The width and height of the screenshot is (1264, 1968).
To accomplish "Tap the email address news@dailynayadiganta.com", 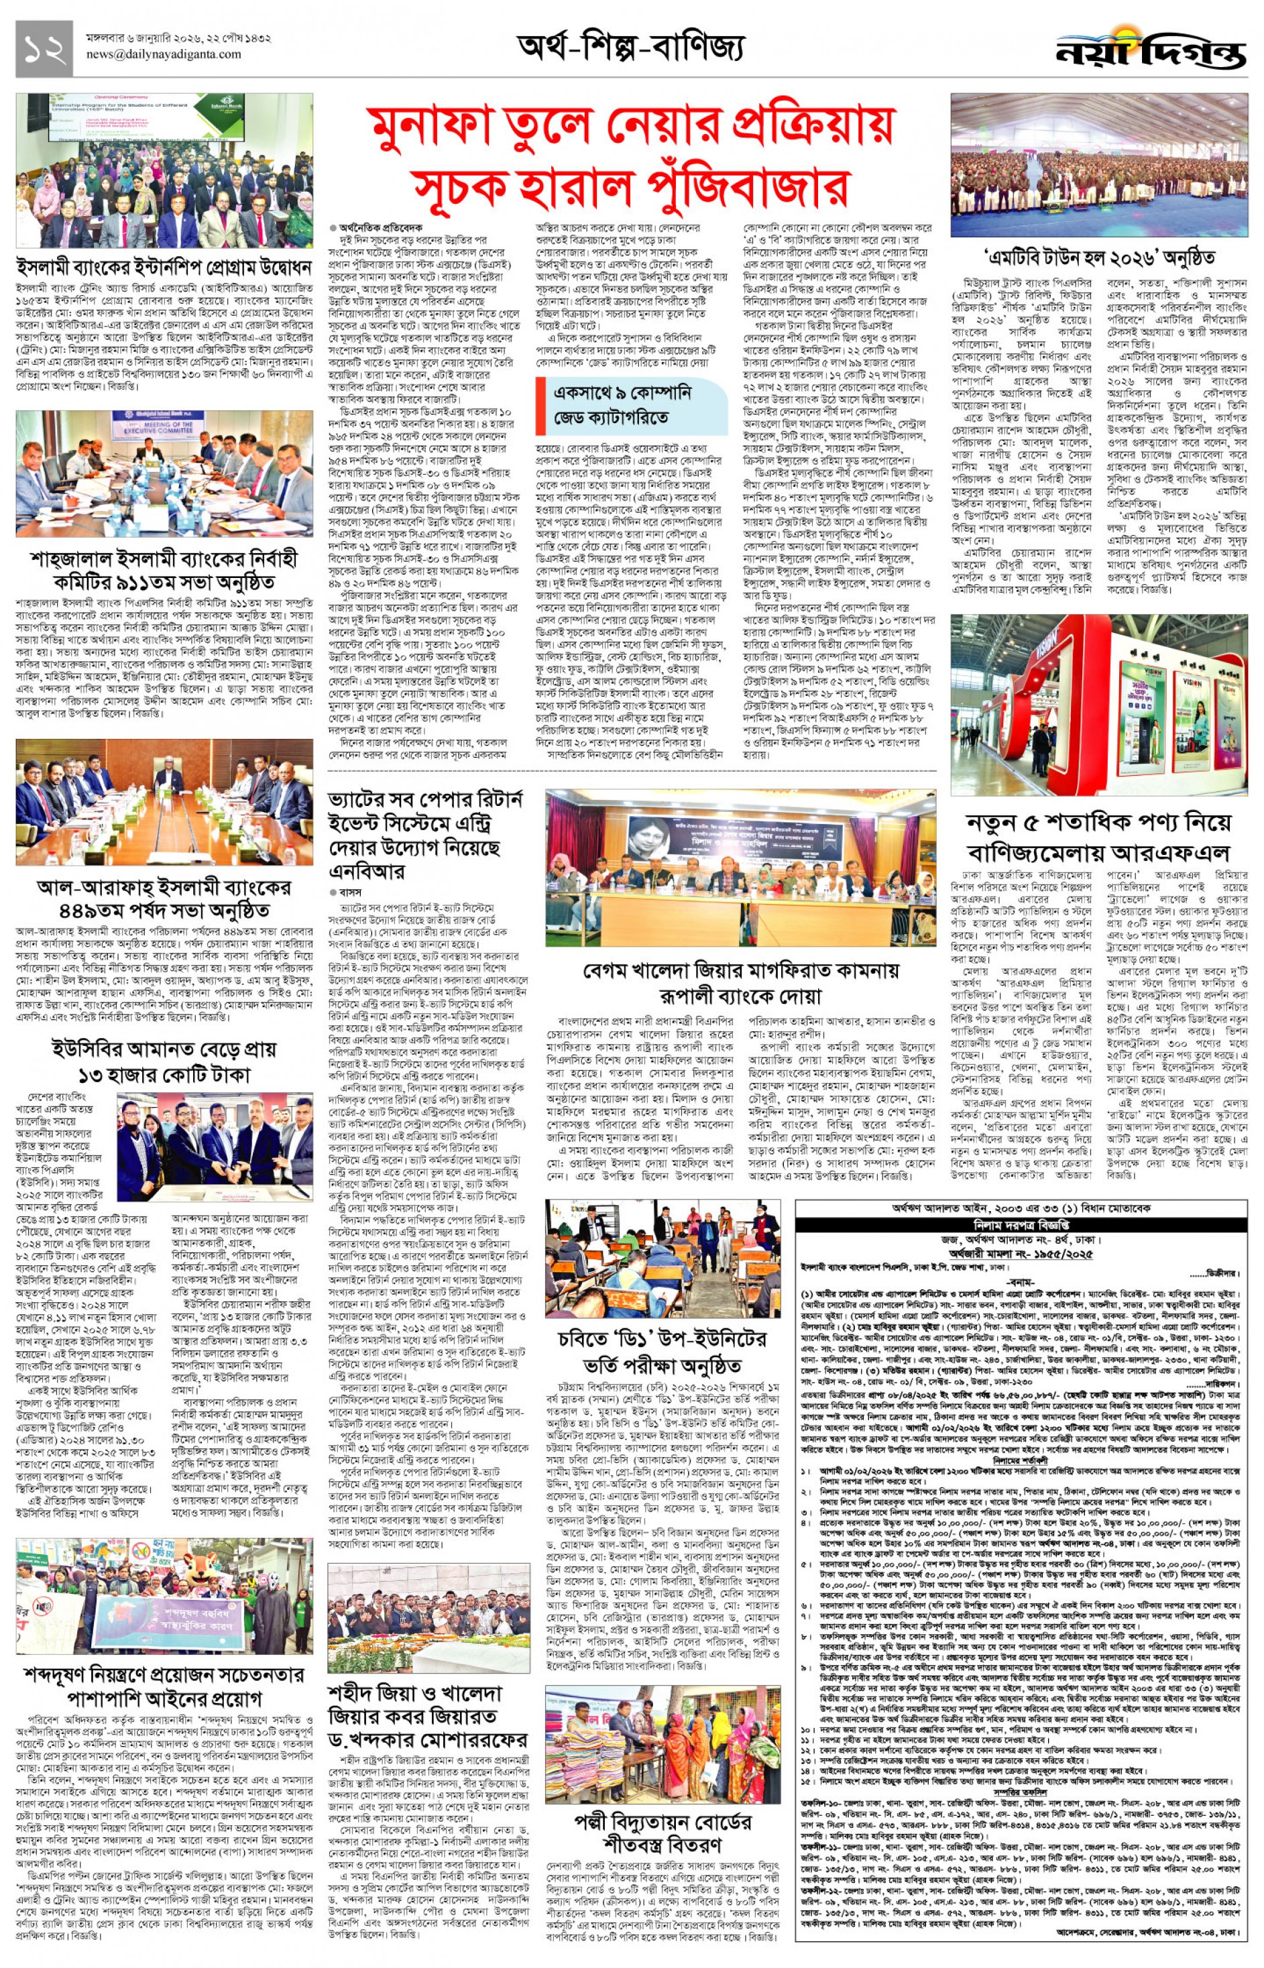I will [164, 54].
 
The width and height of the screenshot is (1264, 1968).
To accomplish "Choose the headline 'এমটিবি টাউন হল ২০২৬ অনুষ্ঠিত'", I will [1100, 257].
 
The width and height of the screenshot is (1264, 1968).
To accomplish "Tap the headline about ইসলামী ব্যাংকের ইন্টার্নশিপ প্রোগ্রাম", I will [164, 268].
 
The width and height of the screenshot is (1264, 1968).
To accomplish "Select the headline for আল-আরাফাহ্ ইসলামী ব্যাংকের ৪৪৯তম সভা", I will [164, 899].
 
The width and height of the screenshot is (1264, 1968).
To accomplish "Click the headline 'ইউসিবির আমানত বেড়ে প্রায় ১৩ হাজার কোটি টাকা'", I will [164, 1061].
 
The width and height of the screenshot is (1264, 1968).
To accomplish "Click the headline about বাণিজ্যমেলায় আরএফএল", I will [1100, 835].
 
